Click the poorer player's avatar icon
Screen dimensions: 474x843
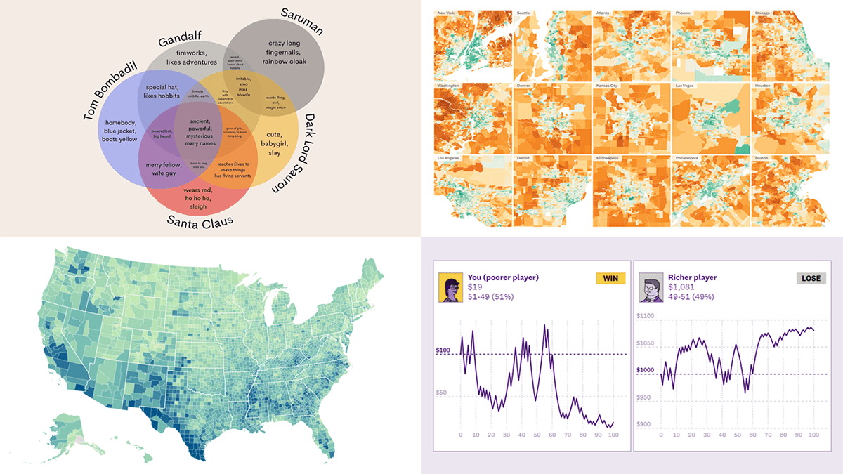pos(447,288)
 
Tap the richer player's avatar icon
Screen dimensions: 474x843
pos(648,288)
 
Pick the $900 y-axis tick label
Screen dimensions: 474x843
pos(646,425)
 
